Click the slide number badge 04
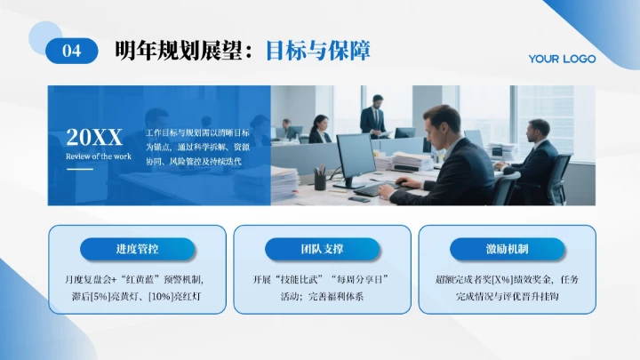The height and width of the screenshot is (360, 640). click(x=71, y=51)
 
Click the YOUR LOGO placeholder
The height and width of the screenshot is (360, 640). click(x=562, y=59)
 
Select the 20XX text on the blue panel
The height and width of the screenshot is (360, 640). click(x=94, y=137)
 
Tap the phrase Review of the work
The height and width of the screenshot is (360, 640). click(x=98, y=156)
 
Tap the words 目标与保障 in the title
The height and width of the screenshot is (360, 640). click(x=317, y=50)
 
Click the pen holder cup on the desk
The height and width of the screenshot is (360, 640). click(x=320, y=180)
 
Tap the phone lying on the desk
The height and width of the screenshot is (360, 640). click(x=359, y=199)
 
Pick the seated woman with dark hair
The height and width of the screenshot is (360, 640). click(x=318, y=130)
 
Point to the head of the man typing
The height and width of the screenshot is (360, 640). click(x=441, y=124)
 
